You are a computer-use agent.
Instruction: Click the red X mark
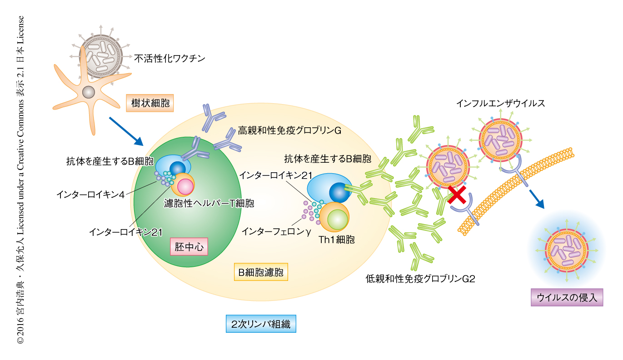click(458, 194)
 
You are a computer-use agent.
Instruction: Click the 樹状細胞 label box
click(150, 103)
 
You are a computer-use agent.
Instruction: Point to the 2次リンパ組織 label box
click(260, 324)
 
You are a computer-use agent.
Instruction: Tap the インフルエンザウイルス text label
click(501, 103)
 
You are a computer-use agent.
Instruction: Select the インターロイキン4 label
click(90, 194)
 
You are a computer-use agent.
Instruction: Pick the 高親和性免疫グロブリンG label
click(289, 131)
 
